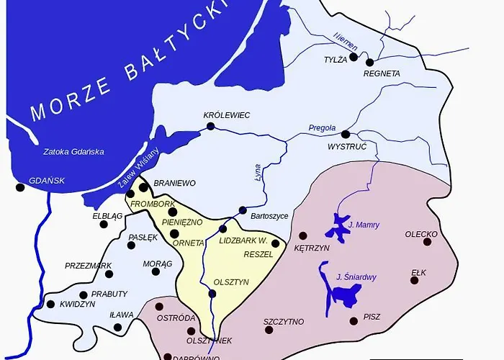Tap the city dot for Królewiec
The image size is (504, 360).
click(x=211, y=127)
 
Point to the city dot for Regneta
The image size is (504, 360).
click(x=370, y=62)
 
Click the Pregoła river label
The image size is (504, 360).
click(x=322, y=128)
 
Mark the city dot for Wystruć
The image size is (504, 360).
click(x=346, y=134)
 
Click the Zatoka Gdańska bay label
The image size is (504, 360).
click(x=73, y=152)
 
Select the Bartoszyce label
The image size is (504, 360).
click(x=269, y=215)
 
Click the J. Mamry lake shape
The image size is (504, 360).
click(x=335, y=229)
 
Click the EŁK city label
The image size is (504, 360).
click(x=418, y=272)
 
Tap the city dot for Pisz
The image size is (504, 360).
click(x=354, y=321)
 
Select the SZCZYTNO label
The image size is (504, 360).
click(x=284, y=321)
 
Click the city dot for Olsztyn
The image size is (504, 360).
click(x=212, y=294)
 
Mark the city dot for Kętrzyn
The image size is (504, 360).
click(x=303, y=235)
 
